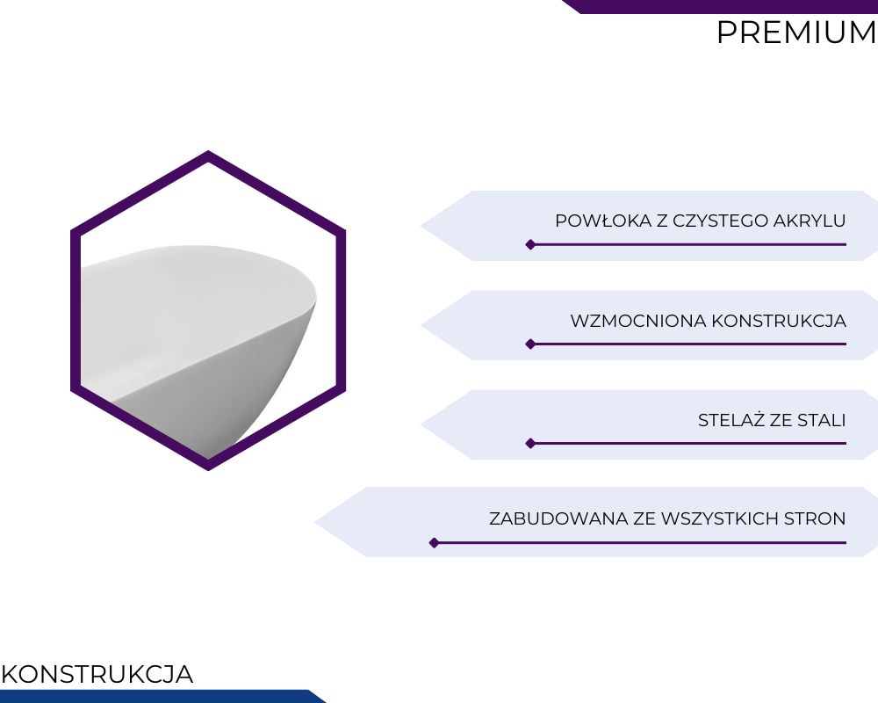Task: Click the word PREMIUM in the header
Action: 797,33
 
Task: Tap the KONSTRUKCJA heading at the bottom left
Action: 97,674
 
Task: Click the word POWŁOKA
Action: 604,221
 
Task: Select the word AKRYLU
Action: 810,221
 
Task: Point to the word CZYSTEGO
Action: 720,221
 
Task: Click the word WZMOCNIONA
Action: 638,321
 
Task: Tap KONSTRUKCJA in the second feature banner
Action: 779,321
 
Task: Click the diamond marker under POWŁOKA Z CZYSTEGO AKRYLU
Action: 530,244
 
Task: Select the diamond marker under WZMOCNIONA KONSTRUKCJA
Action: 530,344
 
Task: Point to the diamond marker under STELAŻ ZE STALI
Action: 530,444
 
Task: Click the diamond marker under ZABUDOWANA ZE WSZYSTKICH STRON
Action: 434,543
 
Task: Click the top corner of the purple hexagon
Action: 208,150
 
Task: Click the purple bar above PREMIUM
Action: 720,6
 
